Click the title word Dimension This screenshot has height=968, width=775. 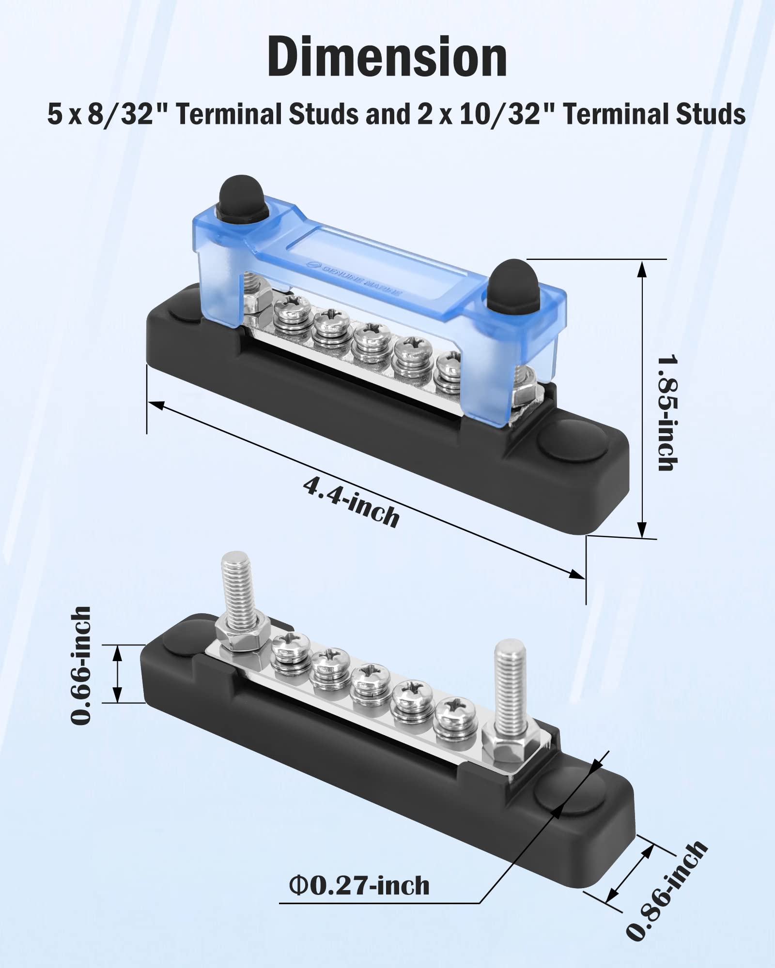[x=387, y=57]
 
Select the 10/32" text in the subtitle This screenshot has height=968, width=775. [x=499, y=115]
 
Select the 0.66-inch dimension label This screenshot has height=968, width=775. [x=80, y=665]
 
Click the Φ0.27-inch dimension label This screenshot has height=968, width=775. [x=359, y=886]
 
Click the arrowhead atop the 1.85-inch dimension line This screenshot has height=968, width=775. [x=642, y=269]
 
